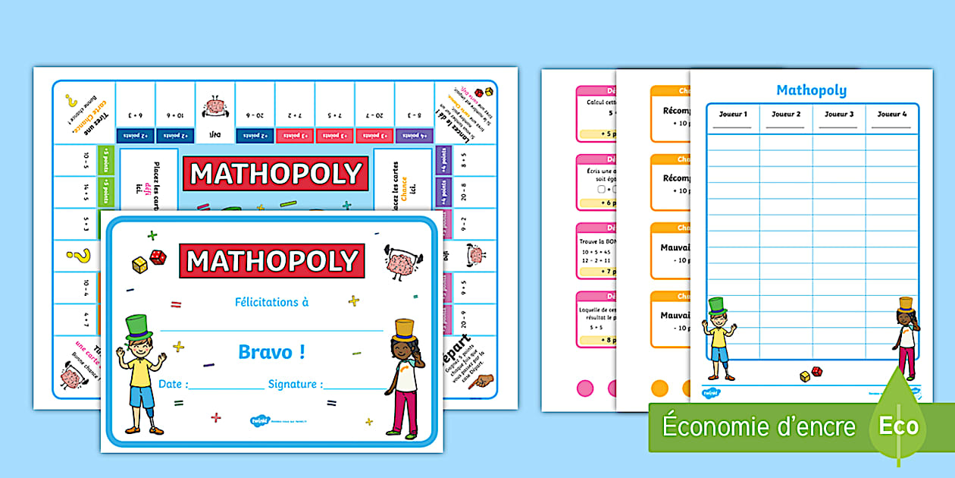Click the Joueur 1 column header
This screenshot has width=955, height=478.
pos(733,115)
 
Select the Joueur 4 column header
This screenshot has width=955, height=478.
pos(892,115)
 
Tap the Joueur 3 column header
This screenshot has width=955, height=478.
pos(839,115)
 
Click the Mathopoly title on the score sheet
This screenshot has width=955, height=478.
pos(811,90)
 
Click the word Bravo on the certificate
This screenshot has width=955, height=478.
pos(271,352)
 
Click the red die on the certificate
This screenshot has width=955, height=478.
pos(158,257)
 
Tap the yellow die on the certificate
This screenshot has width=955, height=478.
pos(140,265)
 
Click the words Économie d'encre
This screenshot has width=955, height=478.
pos(758,426)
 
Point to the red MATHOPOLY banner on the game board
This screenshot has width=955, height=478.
pos(275,175)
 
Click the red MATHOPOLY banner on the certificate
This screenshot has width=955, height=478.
pos(272,261)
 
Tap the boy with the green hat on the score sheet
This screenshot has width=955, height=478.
pos(718,338)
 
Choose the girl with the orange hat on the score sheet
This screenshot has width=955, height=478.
pos(905,335)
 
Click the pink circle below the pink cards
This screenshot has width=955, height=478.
pos(585,388)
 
